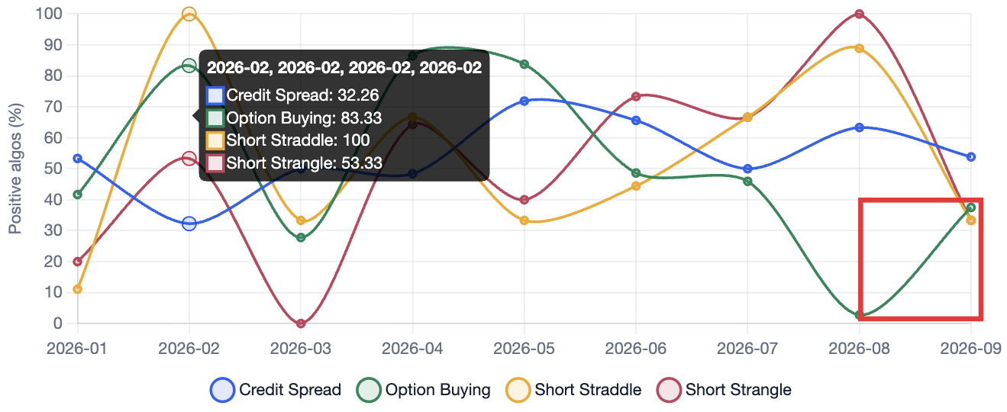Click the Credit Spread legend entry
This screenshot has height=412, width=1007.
click(x=276, y=390)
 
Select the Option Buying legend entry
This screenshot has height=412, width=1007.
click(x=423, y=390)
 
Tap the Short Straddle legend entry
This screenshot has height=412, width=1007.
click(x=573, y=390)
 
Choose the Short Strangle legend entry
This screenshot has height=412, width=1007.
click(x=724, y=390)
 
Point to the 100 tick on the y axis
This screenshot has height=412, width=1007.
click(x=49, y=14)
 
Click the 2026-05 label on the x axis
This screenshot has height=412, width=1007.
click(x=524, y=348)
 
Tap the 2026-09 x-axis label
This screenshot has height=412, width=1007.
click(x=971, y=348)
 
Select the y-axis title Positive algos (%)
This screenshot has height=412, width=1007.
click(x=15, y=169)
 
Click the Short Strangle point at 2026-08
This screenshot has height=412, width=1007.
click(x=859, y=14)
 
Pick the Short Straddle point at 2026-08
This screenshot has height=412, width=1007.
click(x=859, y=49)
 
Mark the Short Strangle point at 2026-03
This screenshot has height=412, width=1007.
click(x=302, y=323)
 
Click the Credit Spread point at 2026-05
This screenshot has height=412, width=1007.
click(x=524, y=101)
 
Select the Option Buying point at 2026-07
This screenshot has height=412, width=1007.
click(x=747, y=182)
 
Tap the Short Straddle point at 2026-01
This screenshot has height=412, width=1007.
click(x=77, y=289)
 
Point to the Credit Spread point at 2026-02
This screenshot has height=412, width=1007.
click(x=189, y=224)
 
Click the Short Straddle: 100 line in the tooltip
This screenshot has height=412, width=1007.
click(x=288, y=140)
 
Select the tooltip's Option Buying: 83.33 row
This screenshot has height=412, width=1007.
click(x=294, y=117)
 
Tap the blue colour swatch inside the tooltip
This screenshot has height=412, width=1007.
click(x=215, y=95)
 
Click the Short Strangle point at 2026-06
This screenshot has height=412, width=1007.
click(x=636, y=97)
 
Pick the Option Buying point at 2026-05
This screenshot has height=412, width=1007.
click(x=524, y=64)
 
